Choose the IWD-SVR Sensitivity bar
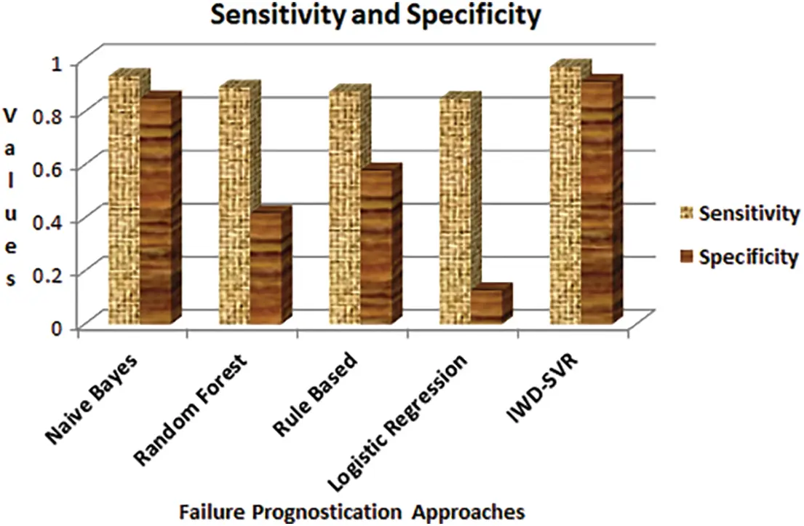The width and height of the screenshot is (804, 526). pos(565,195)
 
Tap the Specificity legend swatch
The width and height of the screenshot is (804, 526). pos(687,256)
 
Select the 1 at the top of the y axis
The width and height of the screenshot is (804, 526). pos(57,63)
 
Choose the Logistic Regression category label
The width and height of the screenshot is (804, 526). pos(398,422)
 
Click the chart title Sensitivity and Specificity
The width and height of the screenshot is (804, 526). pos(376,16)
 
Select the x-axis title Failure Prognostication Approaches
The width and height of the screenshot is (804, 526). pos(351,512)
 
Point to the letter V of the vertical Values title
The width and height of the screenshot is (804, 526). pos(9,115)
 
